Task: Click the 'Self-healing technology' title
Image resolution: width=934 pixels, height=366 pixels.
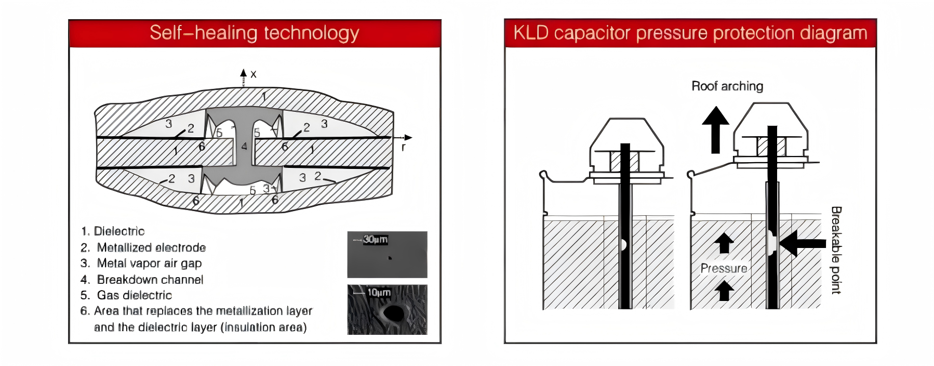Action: tap(254, 33)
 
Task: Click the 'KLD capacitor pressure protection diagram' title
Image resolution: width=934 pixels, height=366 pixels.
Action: tap(690, 33)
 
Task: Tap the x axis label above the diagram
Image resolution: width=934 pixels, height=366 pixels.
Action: tap(253, 74)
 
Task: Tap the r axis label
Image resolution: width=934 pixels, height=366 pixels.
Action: tap(403, 148)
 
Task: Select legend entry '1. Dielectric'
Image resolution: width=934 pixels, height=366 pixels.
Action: tap(113, 231)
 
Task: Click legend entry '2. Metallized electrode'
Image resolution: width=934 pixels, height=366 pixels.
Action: tap(143, 247)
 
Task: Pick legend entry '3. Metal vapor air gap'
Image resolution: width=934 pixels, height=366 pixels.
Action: tap(141, 264)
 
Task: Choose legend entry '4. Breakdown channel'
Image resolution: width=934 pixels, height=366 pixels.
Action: tap(142, 280)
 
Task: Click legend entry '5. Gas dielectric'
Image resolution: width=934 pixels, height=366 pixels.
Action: tap(126, 295)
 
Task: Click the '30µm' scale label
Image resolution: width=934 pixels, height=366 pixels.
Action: tap(375, 240)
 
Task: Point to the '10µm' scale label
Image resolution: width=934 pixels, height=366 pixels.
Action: tap(379, 293)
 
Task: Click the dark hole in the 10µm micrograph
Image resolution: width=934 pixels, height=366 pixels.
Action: tap(393, 313)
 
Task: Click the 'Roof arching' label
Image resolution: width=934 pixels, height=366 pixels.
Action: tap(727, 86)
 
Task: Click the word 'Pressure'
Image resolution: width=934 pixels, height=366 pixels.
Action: tap(724, 269)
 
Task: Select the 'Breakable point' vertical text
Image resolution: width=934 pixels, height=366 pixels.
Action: tap(836, 250)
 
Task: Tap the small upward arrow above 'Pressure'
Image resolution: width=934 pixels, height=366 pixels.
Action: tap(724, 243)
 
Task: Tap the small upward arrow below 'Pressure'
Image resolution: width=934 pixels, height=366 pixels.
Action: tap(724, 291)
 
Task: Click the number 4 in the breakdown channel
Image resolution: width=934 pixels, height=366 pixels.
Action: tap(244, 147)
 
